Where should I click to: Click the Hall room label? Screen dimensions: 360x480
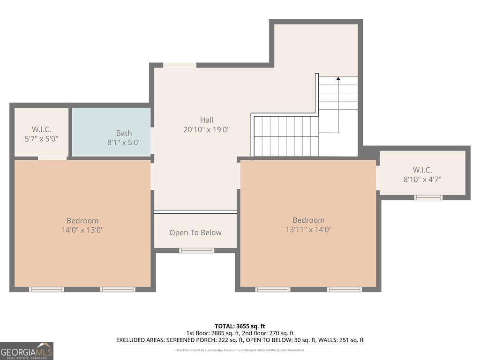(x=206, y=120)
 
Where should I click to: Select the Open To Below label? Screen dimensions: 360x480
(x=195, y=232)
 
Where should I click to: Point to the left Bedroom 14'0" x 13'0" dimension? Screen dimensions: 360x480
(x=82, y=230)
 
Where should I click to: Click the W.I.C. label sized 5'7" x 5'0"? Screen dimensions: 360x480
(x=41, y=129)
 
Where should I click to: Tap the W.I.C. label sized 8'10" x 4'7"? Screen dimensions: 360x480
(x=422, y=170)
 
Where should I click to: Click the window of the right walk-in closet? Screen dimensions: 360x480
(x=428, y=197)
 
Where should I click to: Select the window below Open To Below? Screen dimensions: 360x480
(x=196, y=250)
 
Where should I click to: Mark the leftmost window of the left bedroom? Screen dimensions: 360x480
(x=46, y=289)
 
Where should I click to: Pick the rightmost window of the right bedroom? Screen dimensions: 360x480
(x=345, y=289)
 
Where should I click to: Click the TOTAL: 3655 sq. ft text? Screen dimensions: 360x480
(x=240, y=326)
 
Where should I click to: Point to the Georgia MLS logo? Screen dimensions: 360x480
(x=27, y=351)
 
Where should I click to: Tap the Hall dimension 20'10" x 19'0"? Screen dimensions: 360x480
(x=206, y=130)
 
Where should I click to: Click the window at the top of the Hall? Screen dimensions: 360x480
(x=180, y=65)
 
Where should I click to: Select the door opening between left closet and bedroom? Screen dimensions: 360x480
(x=52, y=158)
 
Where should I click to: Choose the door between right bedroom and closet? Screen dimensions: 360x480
(x=378, y=178)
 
